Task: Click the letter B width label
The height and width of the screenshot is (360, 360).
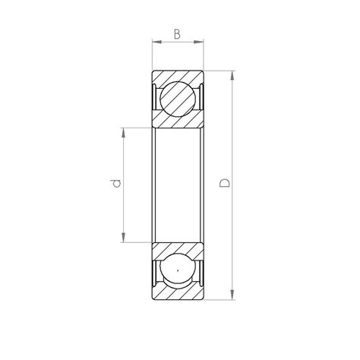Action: [177, 34]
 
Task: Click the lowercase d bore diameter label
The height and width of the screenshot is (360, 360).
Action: [115, 183]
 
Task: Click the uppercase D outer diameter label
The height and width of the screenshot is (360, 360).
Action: [225, 183]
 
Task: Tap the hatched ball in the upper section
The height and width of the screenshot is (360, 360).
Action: [178, 99]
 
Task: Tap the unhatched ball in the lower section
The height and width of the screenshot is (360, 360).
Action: [178, 270]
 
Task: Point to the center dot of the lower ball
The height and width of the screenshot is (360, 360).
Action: [178, 270]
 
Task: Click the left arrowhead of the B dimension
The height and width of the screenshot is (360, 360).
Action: [157, 42]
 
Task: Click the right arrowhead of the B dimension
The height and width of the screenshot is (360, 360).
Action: [199, 42]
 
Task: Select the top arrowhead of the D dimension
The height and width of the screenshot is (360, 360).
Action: [232, 76]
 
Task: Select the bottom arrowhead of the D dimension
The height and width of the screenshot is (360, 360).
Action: [232, 295]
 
